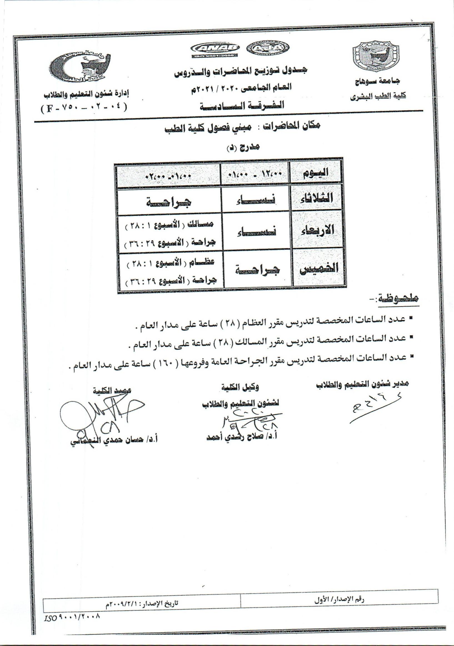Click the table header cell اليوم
(x=317, y=172)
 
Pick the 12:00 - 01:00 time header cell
(x=256, y=173)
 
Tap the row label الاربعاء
(x=318, y=230)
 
